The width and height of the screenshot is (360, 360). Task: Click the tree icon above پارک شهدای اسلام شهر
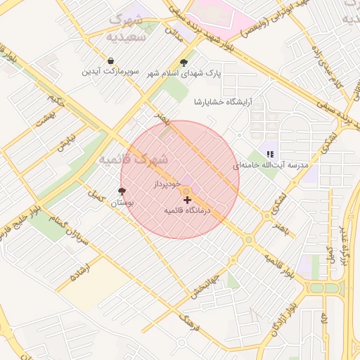click(x=184, y=61)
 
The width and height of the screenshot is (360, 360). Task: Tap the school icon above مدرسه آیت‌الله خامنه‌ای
click(x=270, y=153)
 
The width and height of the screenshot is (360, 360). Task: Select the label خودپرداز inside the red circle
click(x=168, y=184)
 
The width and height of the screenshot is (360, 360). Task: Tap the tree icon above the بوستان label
click(x=122, y=191)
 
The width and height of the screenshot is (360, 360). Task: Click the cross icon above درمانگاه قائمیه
click(x=187, y=200)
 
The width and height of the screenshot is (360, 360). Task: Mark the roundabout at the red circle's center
click(x=186, y=191)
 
